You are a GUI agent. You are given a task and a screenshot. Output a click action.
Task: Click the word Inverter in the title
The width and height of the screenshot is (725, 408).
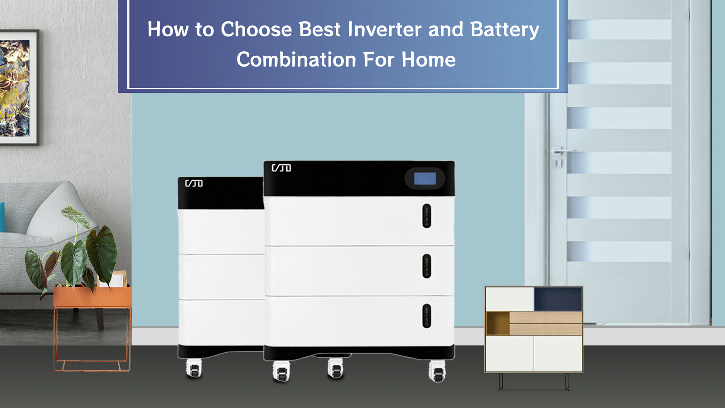[385, 29]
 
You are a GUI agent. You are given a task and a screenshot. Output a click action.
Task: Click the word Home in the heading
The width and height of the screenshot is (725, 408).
[429, 59]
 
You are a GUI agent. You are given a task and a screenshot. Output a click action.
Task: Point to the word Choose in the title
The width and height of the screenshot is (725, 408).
[256, 29]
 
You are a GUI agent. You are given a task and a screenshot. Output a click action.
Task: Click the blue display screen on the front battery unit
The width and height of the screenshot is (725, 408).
[425, 179]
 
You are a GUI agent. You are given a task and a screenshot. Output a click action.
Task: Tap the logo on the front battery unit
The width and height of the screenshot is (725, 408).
[281, 168]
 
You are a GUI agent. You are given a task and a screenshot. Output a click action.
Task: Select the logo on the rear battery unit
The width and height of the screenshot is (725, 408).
[194, 183]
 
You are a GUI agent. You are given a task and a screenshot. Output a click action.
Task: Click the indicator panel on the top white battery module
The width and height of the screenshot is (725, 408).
[427, 216]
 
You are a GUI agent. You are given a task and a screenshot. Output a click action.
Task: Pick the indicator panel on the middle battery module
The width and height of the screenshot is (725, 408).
[427, 266]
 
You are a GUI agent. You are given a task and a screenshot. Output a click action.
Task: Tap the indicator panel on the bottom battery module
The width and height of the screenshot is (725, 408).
[427, 316]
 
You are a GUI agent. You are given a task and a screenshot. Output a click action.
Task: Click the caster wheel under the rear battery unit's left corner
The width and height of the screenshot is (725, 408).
[194, 369]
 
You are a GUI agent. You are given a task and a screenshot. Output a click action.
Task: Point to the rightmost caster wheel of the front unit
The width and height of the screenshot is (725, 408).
[437, 371]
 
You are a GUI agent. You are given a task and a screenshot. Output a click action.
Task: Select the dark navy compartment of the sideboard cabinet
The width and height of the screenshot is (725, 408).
[558, 299]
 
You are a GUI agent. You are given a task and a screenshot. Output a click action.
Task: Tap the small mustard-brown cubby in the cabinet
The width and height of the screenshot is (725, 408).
[498, 323]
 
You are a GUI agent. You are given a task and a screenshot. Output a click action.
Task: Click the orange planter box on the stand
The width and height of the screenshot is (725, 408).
[92, 296]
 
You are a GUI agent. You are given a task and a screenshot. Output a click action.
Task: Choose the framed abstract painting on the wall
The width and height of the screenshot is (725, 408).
[19, 87]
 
